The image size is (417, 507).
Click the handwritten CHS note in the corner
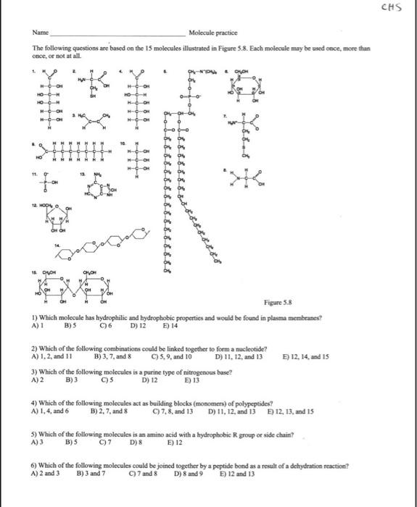pyautogui.click(x=397, y=8)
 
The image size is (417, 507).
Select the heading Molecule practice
pyautogui.click(x=212, y=33)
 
